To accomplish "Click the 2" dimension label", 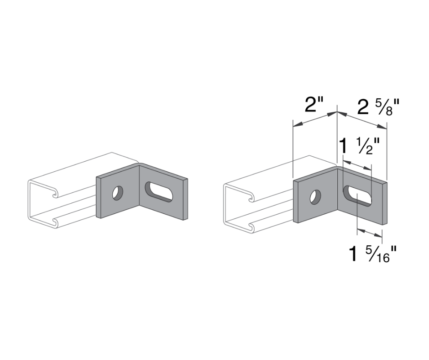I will pos(314,106).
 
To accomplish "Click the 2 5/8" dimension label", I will pos(378,107).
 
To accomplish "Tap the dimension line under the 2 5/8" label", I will pos(362,120).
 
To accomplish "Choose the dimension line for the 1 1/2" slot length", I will pos(357,165).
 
